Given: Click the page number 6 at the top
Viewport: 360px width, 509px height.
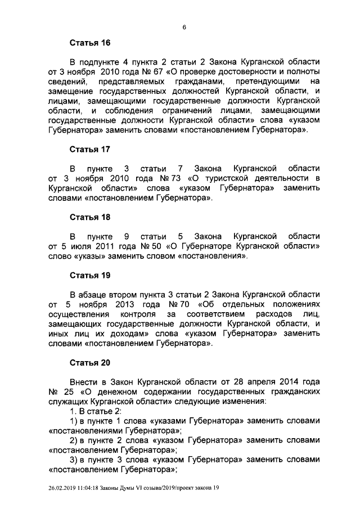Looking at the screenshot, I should (184, 27).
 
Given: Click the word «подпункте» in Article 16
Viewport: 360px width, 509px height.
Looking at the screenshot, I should (101, 62).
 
